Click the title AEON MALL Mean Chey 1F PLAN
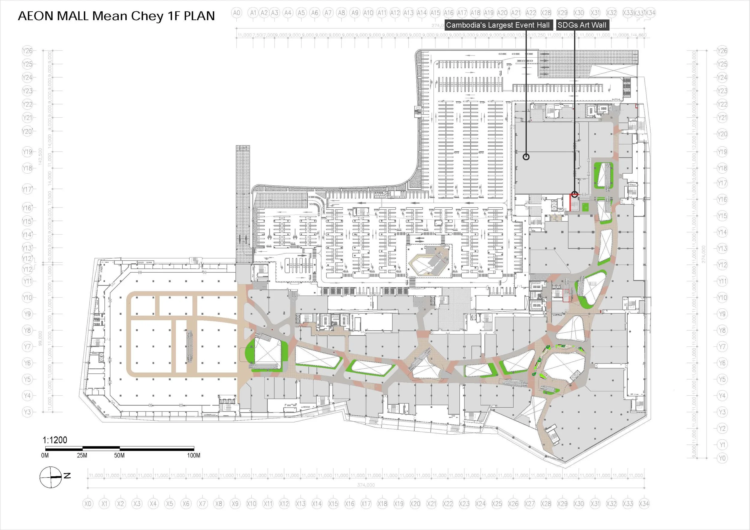click(116, 16)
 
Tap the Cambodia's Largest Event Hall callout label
click(497, 25)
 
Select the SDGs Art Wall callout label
click(582, 25)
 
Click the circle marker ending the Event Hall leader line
click(526, 157)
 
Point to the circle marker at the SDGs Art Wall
click(574, 195)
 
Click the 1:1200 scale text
click(55, 440)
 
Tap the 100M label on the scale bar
click(193, 455)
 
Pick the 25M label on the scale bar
click(82, 455)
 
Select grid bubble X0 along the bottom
click(88, 504)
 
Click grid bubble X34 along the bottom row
click(644, 504)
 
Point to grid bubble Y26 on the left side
click(27, 51)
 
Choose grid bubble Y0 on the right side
click(722, 458)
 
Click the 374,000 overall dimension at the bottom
click(366, 485)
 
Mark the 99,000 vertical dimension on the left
click(40, 338)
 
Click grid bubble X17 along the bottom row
click(366, 504)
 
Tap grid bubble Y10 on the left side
click(27, 298)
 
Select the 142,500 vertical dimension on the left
click(40, 157)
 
